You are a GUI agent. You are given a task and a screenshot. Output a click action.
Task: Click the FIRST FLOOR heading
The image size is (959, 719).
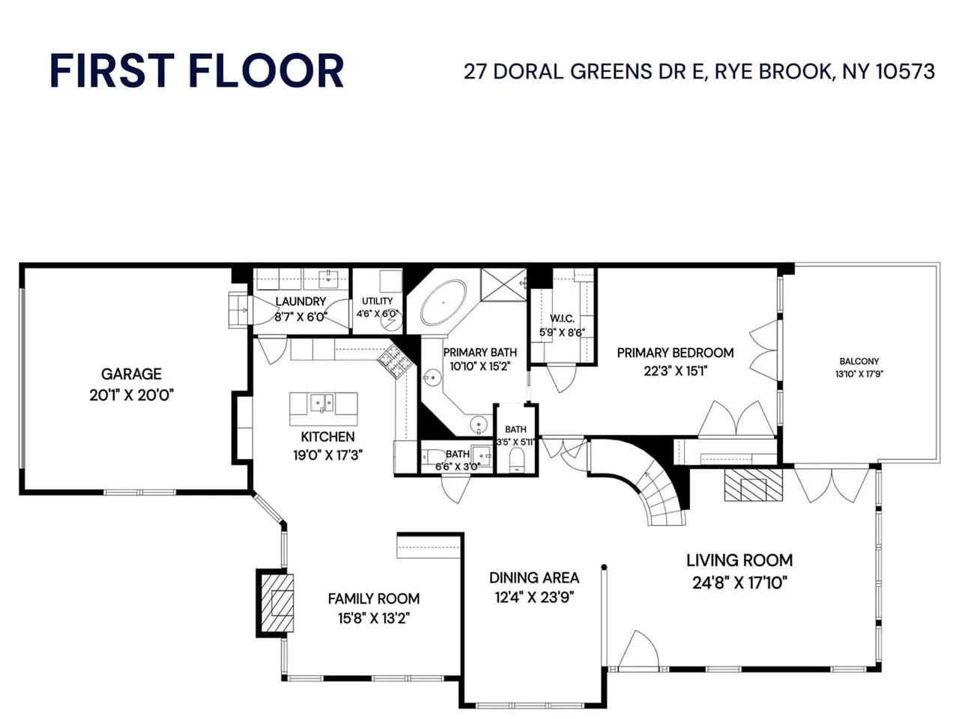196,70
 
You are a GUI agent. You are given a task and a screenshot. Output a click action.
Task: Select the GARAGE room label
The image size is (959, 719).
132,374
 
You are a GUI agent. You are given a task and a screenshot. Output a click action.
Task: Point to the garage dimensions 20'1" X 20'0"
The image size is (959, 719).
132,395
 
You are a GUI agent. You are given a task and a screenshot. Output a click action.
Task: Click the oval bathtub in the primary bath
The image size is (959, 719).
443,303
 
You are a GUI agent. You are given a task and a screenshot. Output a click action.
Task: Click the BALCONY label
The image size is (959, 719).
859,362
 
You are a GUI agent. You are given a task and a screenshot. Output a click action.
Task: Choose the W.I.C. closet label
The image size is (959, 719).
563,318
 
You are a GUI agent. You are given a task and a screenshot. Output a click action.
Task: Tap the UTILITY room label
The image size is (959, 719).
378,301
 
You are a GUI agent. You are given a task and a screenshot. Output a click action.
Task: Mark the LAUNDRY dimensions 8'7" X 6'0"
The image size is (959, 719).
301,317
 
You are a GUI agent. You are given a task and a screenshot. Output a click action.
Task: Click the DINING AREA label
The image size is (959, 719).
534,578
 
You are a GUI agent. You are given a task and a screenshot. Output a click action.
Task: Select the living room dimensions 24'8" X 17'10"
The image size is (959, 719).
739,583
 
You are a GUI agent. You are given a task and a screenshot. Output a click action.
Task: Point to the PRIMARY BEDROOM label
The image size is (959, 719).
676,353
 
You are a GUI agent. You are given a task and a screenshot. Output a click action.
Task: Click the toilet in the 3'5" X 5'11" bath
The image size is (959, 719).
516,460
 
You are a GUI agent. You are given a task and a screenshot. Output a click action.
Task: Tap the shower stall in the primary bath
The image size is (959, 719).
503,285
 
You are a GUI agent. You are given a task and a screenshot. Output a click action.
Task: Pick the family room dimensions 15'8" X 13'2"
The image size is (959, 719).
374,619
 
